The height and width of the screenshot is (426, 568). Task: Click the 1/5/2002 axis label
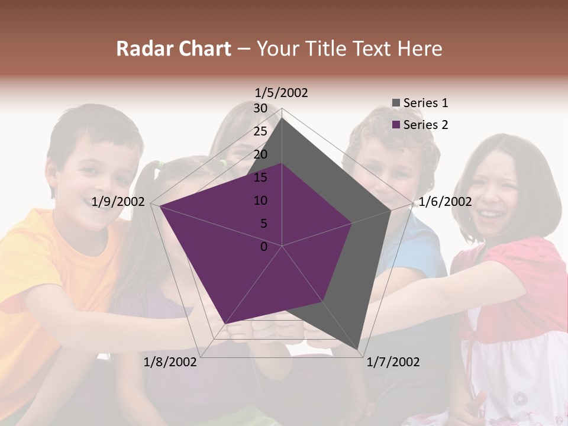[x=281, y=92]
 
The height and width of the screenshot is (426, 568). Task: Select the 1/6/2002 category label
[x=445, y=202]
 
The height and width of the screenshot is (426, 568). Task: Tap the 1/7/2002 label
[x=393, y=362]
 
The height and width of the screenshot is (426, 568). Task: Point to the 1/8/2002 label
[x=170, y=362]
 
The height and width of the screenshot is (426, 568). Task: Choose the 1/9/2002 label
[x=118, y=202]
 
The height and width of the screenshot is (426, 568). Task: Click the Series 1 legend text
[x=425, y=103]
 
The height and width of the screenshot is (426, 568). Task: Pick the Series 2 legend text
[x=425, y=125]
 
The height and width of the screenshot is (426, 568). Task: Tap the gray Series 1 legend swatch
[x=396, y=104]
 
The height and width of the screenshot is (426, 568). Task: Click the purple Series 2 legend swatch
[x=396, y=125]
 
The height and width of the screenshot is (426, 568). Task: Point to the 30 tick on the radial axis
[x=260, y=108]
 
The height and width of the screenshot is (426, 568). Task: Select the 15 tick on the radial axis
[x=260, y=177]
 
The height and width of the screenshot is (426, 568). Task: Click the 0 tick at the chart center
[x=264, y=247]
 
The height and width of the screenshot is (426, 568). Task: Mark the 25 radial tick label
[x=260, y=131]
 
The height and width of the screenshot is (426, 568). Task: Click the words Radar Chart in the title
[x=173, y=49]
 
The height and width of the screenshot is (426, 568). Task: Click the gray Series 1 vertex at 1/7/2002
[x=359, y=351]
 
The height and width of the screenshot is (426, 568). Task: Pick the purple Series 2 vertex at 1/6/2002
[x=353, y=223]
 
